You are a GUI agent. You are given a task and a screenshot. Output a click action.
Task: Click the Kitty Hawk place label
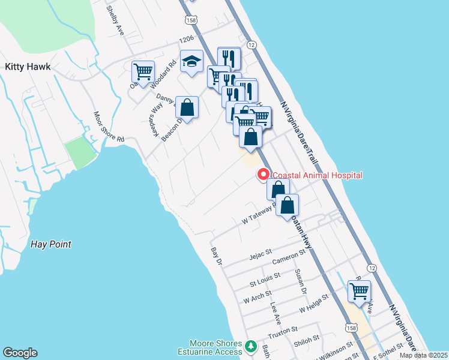pos(29,67)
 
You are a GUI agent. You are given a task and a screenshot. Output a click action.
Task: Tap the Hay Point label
pos(50,244)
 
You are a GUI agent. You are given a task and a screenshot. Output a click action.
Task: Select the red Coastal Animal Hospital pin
pos(262,175)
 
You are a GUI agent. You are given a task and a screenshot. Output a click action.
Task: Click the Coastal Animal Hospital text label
pos(318,175)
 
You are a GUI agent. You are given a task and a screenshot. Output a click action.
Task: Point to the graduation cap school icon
pos(192,62)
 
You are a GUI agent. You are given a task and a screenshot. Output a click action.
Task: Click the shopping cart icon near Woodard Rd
pos(143,72)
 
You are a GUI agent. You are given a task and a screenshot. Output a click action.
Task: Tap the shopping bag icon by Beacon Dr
pos(187,109)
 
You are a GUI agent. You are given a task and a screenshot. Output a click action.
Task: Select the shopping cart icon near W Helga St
pos(359,292)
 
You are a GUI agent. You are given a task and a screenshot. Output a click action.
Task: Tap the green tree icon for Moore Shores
pos(252,347)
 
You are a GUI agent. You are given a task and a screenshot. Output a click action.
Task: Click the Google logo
pos(20,353)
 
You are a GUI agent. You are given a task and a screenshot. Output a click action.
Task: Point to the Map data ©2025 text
pos(423,355)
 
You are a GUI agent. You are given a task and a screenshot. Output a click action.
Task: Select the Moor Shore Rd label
pos(108,127)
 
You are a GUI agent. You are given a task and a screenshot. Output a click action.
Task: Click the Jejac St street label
pos(261,257)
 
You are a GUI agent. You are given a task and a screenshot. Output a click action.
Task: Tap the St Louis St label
pos(265,278)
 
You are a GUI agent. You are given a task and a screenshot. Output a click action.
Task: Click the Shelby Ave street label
pos(115,20)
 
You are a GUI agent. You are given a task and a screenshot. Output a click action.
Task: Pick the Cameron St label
pos(289,257)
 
